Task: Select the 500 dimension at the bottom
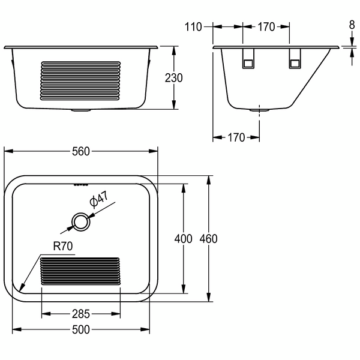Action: click(80, 329)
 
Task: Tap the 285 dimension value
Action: click(80, 313)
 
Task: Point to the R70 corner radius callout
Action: click(62, 246)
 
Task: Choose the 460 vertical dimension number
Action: click(208, 239)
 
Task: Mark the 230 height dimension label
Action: click(174, 78)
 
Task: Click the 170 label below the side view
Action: click(236, 137)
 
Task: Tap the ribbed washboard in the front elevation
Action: click(80, 81)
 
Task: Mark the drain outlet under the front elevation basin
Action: click(80, 110)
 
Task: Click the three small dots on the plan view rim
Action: click(80, 184)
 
